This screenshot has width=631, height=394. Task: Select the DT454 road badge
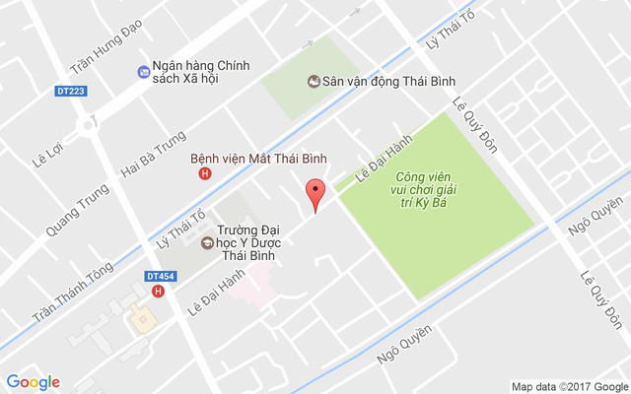[160, 277]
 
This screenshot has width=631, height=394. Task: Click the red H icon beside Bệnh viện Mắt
[205, 173]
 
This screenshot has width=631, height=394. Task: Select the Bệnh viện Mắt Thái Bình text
[258, 158]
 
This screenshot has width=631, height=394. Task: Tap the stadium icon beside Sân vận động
[314, 83]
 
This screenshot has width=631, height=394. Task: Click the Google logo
[33, 382]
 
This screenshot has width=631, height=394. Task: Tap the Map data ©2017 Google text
[569, 385]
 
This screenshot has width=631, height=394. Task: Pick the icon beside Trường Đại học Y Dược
[208, 242]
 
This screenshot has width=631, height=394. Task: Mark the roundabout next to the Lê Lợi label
[88, 125]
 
